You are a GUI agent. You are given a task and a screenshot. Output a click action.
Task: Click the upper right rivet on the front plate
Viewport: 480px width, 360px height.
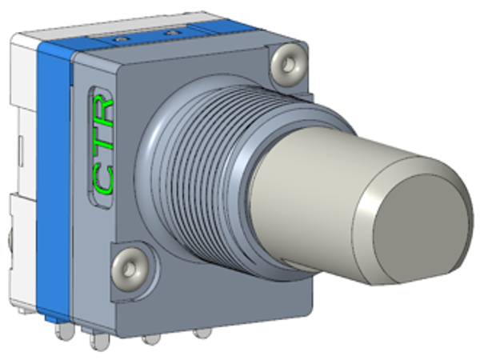(x=289, y=65)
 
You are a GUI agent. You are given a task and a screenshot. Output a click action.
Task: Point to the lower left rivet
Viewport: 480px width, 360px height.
(x=129, y=270)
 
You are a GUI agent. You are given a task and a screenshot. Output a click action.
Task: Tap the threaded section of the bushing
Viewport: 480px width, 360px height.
(x=196, y=171)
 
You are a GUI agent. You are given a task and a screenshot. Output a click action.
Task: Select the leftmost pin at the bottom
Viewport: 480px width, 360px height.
(x=65, y=331)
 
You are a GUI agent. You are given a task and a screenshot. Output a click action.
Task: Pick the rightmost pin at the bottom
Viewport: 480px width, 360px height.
(x=202, y=333)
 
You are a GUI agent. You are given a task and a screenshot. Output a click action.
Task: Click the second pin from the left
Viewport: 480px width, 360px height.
(x=99, y=341)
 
